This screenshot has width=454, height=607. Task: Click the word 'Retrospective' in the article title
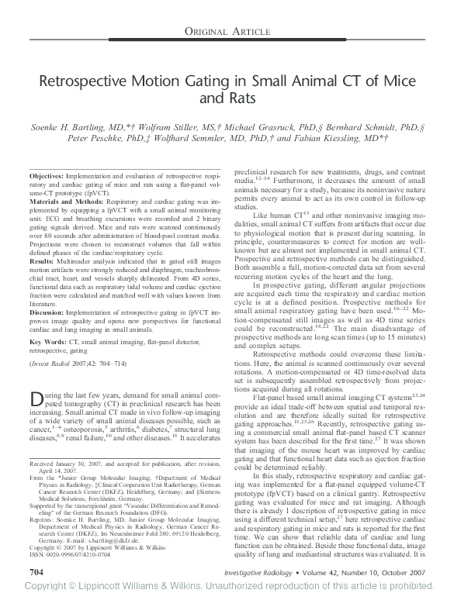(91, 82)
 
